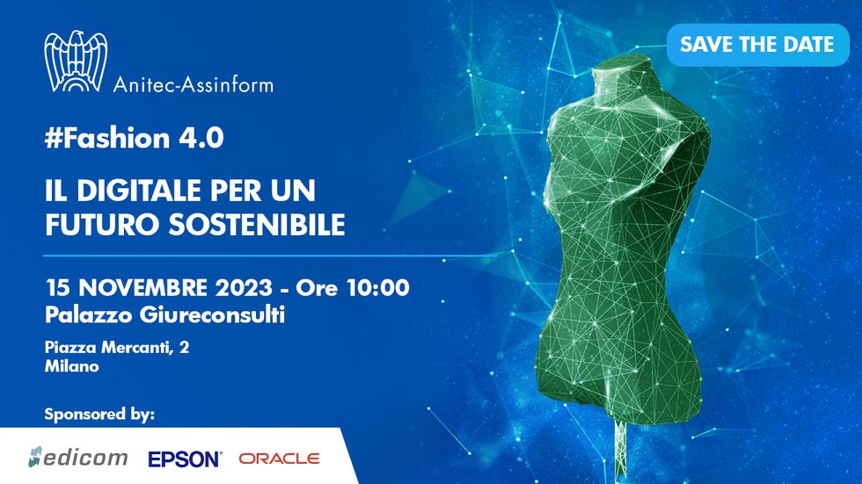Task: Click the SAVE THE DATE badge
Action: pyautogui.click(x=757, y=45)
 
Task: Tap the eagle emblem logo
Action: pyautogui.click(x=76, y=61)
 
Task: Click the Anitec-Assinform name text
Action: pyautogui.click(x=193, y=84)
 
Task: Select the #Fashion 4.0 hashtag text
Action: pyautogui.click(x=134, y=138)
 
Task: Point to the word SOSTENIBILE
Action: pyautogui.click(x=257, y=225)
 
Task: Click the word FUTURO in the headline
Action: pyautogui.click(x=103, y=225)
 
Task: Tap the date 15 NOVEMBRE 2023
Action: pyautogui.click(x=158, y=287)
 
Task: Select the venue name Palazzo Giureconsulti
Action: pyautogui.click(x=165, y=315)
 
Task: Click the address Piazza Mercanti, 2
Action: pyautogui.click(x=117, y=347)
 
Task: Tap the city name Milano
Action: pyautogui.click(x=72, y=366)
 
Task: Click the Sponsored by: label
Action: pyautogui.click(x=99, y=415)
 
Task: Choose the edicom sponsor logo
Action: pyautogui.click(x=78, y=457)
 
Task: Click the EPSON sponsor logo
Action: pyautogui.click(x=185, y=459)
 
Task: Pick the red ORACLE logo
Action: pyautogui.click(x=279, y=459)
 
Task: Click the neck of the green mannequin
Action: pyautogui.click(x=622, y=88)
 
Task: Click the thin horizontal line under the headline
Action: pyautogui.click(x=270, y=256)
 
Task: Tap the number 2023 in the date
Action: pyautogui.click(x=244, y=287)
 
